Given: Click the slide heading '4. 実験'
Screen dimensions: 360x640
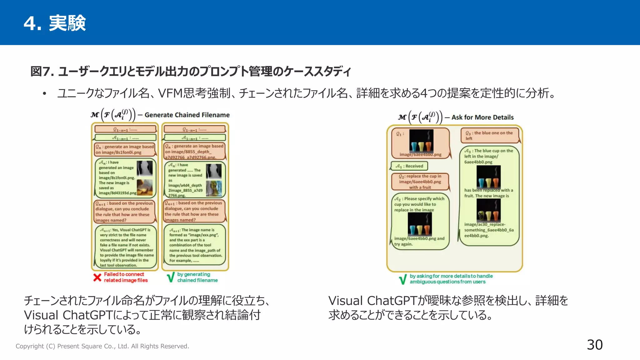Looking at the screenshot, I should (x=55, y=23).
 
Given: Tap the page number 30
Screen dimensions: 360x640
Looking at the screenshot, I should (x=594, y=345).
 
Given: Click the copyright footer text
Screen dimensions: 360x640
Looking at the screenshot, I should (x=102, y=346).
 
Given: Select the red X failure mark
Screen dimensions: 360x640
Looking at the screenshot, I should (x=97, y=277).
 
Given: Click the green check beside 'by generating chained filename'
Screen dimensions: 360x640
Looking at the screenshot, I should (x=171, y=277).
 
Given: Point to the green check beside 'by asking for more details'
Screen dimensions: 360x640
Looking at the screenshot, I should (x=403, y=279).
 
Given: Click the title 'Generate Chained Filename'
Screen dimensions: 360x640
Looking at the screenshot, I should (x=187, y=115).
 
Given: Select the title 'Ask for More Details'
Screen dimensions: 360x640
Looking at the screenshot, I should (x=482, y=117).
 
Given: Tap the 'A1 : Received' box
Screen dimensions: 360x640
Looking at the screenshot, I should (x=409, y=166).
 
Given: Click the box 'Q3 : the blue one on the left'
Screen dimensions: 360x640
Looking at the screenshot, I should (x=489, y=135).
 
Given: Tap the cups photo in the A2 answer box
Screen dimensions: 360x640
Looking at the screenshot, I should (x=420, y=224).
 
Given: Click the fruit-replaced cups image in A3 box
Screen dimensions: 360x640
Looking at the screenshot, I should (x=488, y=210).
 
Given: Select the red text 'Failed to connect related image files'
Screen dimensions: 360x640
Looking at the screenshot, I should (x=125, y=277).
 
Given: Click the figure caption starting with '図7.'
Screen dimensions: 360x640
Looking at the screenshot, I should (x=191, y=72).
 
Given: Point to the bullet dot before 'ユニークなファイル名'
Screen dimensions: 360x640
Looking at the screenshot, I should (x=45, y=93).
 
